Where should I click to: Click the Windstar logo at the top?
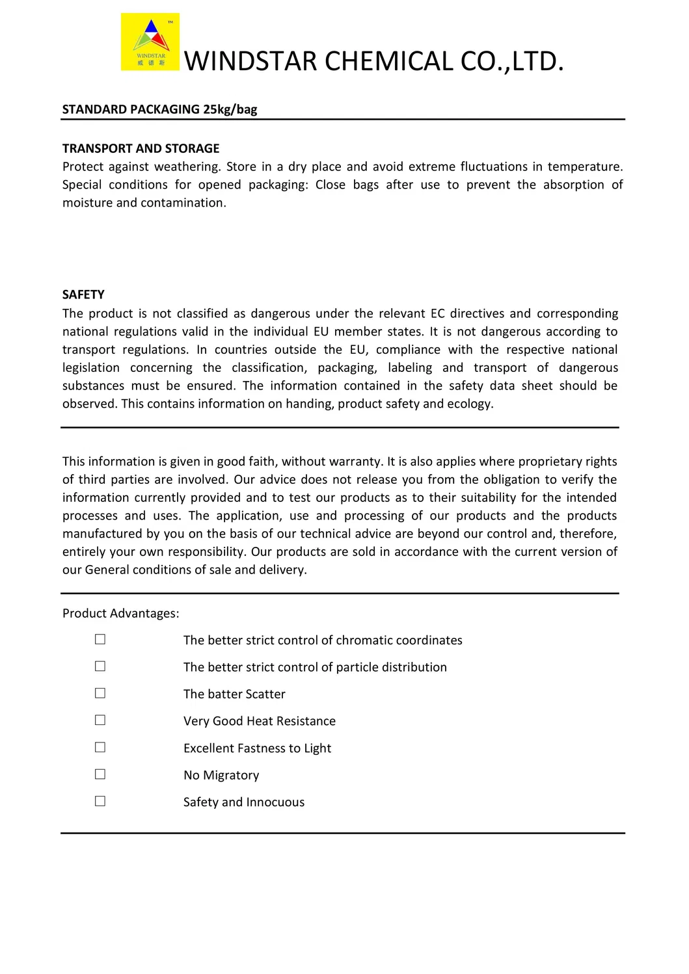(x=150, y=42)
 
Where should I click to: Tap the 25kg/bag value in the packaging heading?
(x=230, y=109)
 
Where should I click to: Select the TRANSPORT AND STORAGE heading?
(x=141, y=148)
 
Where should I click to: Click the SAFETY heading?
(x=83, y=295)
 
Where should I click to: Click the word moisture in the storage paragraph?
(x=87, y=203)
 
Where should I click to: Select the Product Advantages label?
(x=120, y=613)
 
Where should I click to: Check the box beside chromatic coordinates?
(x=100, y=640)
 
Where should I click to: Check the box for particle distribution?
(x=100, y=666)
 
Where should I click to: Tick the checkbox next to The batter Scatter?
(x=100, y=693)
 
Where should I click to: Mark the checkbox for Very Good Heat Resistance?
(x=100, y=720)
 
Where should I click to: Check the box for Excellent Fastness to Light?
(x=100, y=747)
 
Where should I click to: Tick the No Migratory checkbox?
(x=100, y=774)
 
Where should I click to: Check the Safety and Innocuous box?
(x=100, y=801)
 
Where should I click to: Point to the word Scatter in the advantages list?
(x=265, y=694)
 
